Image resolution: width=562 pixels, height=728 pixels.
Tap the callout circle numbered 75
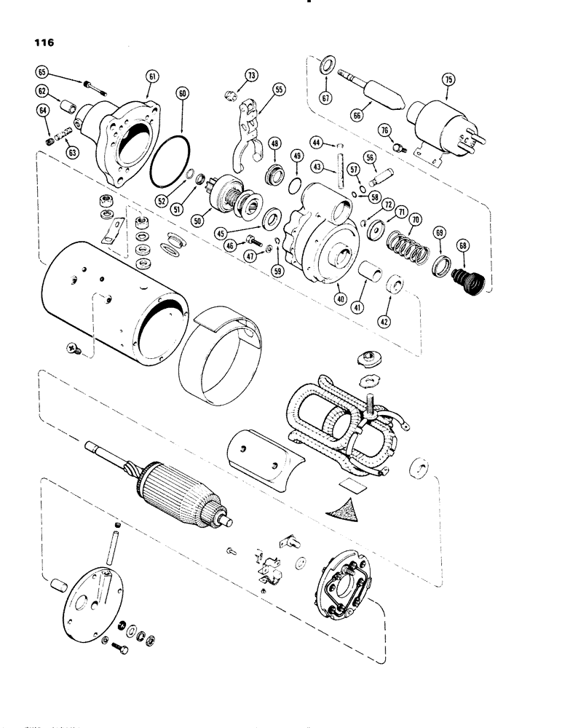pyautogui.click(x=447, y=78)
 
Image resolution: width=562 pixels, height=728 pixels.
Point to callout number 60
pyautogui.click(x=181, y=94)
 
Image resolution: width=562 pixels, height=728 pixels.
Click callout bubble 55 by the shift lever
pyautogui.click(x=279, y=90)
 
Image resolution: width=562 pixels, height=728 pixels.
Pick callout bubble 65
pyautogui.click(x=41, y=72)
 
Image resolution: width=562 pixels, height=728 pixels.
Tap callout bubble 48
pyautogui.click(x=275, y=144)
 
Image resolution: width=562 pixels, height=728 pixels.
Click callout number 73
pyautogui.click(x=251, y=75)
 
